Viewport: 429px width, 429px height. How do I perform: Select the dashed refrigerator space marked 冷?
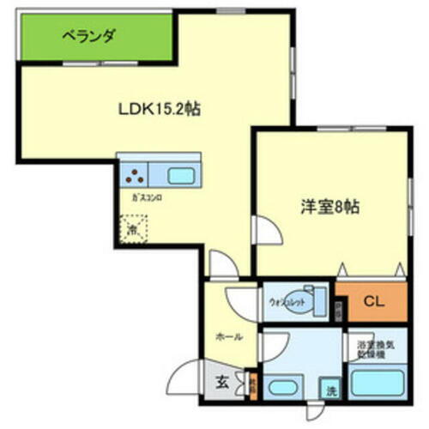click(x=133, y=228)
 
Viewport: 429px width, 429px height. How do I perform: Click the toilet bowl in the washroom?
click(x=312, y=301)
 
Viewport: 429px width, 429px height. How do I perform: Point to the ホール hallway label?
click(x=227, y=336)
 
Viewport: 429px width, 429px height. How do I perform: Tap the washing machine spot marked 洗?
click(x=330, y=390)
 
